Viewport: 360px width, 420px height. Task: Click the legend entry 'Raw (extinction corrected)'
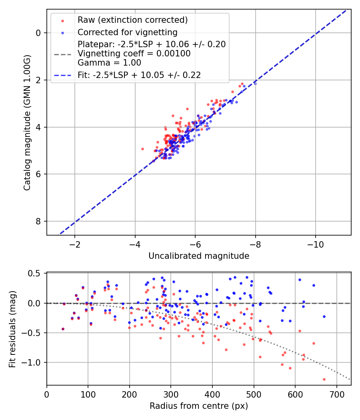tap(132, 20)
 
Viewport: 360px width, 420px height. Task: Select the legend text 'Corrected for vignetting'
tap(128, 32)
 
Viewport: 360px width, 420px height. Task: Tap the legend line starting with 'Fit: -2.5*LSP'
tap(139, 75)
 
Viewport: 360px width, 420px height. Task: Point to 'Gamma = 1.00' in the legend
tap(109, 63)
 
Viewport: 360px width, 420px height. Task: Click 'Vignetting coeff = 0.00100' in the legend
tap(134, 53)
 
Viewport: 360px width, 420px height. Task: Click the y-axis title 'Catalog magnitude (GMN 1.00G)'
tap(27, 123)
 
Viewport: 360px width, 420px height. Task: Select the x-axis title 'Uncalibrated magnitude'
tap(199, 256)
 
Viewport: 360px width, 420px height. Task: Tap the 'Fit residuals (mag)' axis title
tap(12, 329)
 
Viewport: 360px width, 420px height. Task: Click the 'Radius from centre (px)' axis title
tap(199, 406)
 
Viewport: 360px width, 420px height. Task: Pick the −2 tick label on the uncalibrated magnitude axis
tap(75, 244)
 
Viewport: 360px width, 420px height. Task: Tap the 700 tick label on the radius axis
tap(337, 394)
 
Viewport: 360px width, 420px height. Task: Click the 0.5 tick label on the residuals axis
tap(34, 274)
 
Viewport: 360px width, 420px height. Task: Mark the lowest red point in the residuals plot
tap(324, 379)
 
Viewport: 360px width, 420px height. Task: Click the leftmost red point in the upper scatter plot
tap(142, 149)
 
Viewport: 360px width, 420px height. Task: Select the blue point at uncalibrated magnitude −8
tap(255, 84)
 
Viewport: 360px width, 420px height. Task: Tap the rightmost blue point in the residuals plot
tap(324, 317)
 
